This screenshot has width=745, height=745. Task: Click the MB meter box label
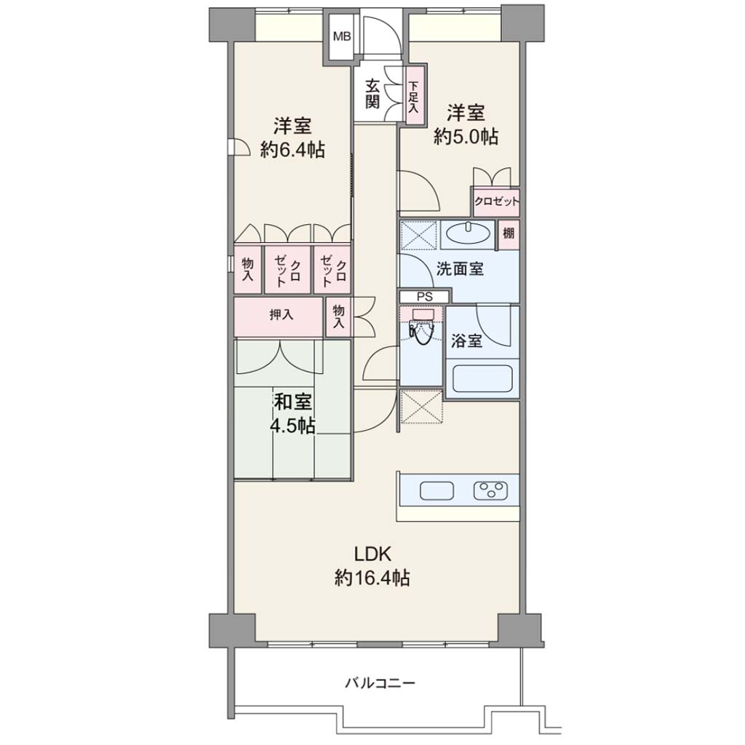tap(342, 36)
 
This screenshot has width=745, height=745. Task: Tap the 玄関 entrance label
tap(372, 94)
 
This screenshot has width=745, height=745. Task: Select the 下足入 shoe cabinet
tap(414, 96)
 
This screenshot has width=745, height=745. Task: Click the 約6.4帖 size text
tap(292, 150)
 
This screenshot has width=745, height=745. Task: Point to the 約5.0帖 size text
tap(466, 137)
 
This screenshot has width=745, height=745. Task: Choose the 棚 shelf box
tap(508, 234)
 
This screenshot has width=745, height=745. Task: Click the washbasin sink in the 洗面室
tap(469, 234)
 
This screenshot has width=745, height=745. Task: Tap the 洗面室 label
tap(460, 269)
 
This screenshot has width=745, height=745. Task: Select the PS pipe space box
tap(424, 297)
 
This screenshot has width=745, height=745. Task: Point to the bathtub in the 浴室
tap(482, 378)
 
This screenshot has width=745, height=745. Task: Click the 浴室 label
tap(466, 340)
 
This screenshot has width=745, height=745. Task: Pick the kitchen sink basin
tap(437, 491)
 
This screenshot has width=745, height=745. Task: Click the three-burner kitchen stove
tap(490, 491)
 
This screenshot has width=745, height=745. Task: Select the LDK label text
tap(372, 554)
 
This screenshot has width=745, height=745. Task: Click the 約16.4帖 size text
tap(372, 578)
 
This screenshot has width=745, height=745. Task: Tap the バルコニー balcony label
tap(380, 683)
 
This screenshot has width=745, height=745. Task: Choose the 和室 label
tap(294, 402)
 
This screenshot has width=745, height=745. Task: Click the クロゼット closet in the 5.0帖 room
tap(496, 202)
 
